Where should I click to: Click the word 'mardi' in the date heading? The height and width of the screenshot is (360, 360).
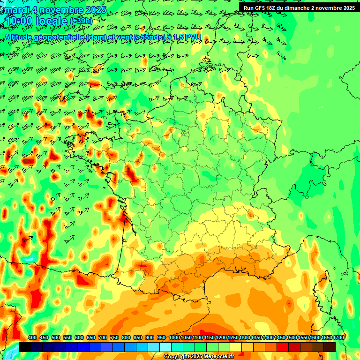click(17, 10)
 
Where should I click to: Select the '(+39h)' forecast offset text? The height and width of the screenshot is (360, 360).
click(81, 22)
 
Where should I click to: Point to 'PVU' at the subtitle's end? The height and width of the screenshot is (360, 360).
click(194, 37)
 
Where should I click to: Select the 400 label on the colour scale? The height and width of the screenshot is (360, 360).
click(32, 337)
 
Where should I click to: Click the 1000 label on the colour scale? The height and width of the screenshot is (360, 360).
click(174, 337)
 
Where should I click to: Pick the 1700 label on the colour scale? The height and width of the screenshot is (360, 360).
click(338, 337)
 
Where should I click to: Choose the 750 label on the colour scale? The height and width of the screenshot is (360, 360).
click(114, 337)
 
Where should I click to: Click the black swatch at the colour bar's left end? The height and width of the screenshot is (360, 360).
click(25, 347)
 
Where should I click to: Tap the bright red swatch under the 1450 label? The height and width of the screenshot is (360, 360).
click(283, 347)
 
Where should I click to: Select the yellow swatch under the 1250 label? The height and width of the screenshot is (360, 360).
click(236, 347)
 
